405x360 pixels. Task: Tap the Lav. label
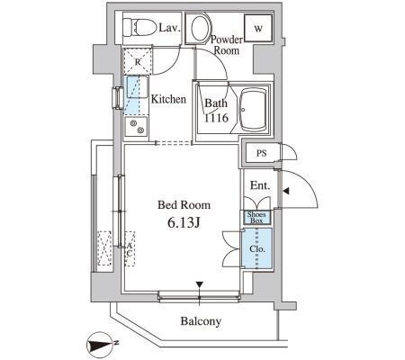(x=170, y=28)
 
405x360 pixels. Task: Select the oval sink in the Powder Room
(x=199, y=29)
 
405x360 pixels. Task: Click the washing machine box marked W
(x=258, y=28)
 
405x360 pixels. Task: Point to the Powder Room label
(x=227, y=45)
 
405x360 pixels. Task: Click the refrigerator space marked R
(x=138, y=61)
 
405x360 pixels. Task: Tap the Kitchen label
(x=168, y=99)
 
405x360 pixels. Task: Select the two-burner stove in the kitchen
(x=137, y=126)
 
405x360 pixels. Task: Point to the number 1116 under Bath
(x=216, y=118)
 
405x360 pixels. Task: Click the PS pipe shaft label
(x=261, y=153)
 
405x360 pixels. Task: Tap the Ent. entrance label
(x=260, y=185)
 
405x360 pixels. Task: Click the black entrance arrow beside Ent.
(x=286, y=191)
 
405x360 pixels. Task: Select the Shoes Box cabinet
(x=256, y=218)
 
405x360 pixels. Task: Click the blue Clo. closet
(x=257, y=248)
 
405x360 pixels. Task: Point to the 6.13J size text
(x=184, y=222)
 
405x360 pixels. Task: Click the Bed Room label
(x=184, y=205)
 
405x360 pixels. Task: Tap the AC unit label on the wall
(x=130, y=249)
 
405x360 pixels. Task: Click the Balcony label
(x=201, y=321)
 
